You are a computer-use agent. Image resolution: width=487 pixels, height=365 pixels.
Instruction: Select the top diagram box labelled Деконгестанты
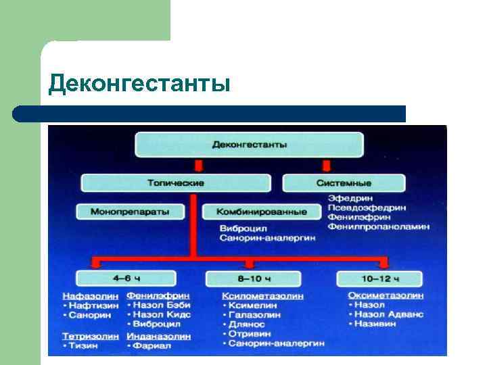pos(250,145)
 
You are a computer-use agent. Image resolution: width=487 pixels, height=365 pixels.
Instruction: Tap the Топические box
pos(176,182)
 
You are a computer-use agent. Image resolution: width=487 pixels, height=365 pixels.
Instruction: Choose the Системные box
pos(344,182)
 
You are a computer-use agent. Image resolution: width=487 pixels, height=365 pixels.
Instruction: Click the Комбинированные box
pos(262,212)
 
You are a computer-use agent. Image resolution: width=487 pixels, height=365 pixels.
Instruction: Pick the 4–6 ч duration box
pos(126,278)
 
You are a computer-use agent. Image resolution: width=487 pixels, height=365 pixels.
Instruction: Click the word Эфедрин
pos(348,197)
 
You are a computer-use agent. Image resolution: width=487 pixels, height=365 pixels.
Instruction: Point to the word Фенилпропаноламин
pos(378,227)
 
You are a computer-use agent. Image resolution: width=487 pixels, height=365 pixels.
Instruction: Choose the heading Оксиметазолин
pos(386,296)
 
